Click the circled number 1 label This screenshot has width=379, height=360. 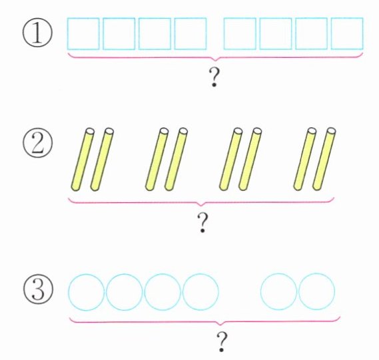pyautogui.click(x=37, y=34)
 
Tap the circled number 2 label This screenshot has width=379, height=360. pyautogui.click(x=38, y=142)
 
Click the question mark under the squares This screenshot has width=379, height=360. pyautogui.click(x=214, y=77)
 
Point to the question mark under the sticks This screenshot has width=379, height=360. pyautogui.click(x=202, y=223)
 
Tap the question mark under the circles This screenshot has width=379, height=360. pyautogui.click(x=222, y=342)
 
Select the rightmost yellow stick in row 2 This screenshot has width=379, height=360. pyautogui.click(x=324, y=159)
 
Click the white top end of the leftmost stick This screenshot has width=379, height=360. pyautogui.click(x=90, y=131)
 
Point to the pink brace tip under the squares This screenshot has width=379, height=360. pyautogui.click(x=215, y=61)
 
